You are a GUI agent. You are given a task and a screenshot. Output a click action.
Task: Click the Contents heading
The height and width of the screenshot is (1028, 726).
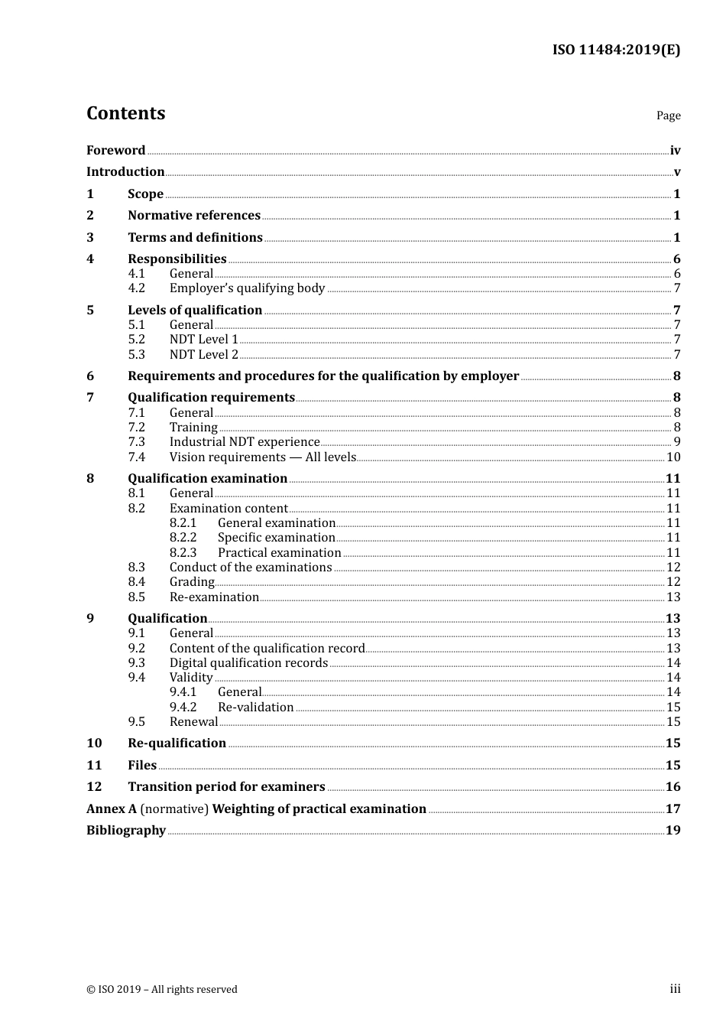click(125, 113)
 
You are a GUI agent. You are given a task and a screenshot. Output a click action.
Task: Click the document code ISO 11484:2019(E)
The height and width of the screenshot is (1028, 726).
click(616, 50)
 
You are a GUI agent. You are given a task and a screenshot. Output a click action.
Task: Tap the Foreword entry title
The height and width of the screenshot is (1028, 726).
click(115, 150)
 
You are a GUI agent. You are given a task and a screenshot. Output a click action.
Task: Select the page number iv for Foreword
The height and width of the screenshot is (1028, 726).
click(675, 150)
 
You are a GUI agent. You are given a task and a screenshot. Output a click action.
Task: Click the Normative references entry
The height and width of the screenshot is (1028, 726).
click(194, 216)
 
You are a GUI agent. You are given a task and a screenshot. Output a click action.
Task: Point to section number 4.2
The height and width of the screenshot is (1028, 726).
click(136, 288)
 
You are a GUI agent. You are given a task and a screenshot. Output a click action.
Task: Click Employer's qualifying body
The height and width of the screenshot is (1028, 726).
click(247, 288)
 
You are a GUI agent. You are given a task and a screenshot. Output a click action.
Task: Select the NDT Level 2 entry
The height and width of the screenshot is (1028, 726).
click(203, 354)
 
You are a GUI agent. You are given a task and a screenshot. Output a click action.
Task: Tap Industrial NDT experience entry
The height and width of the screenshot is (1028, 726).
click(244, 442)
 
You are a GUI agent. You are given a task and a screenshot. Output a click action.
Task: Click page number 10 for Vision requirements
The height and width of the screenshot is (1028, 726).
click(673, 457)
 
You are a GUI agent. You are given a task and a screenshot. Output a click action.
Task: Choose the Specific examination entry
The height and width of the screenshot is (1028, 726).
click(276, 538)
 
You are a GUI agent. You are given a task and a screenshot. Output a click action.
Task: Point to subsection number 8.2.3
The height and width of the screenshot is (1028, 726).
click(183, 553)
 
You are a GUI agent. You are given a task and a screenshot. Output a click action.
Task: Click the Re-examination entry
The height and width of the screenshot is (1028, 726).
click(214, 597)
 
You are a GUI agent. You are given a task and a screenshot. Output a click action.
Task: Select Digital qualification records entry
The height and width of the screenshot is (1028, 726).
click(248, 663)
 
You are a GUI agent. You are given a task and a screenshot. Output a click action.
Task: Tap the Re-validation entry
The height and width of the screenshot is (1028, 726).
click(255, 708)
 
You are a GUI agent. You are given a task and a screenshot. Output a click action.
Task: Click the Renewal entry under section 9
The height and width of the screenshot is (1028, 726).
click(193, 722)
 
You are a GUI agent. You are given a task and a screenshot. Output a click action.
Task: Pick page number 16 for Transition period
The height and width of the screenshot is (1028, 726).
click(673, 787)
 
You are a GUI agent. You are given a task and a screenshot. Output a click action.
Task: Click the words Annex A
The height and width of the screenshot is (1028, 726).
click(111, 809)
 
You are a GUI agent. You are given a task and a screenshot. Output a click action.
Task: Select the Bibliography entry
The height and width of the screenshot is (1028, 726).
click(125, 831)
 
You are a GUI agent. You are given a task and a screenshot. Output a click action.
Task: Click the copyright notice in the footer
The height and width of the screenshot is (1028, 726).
click(162, 990)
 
